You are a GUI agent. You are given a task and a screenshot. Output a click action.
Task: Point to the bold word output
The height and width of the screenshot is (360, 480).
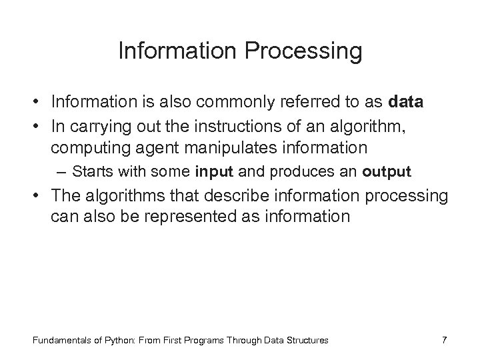[387, 171]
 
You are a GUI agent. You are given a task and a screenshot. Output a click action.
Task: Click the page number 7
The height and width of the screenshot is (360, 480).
[445, 340]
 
